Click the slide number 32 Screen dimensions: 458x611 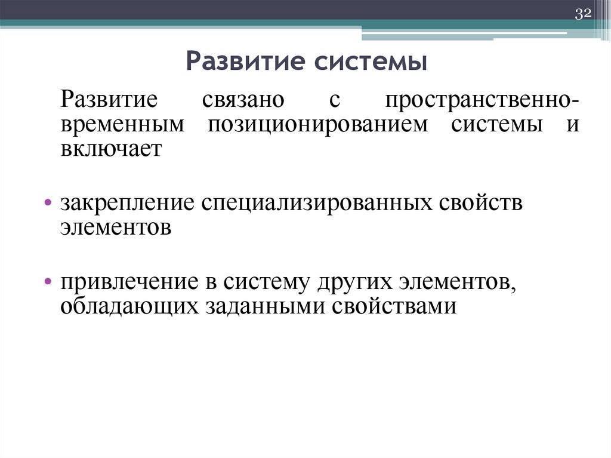click(582, 15)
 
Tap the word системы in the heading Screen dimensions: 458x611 click(365, 63)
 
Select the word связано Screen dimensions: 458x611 click(243, 99)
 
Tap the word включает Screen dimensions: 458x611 click(110, 149)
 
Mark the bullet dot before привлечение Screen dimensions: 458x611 click(47, 280)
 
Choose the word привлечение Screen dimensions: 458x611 click(131, 281)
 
